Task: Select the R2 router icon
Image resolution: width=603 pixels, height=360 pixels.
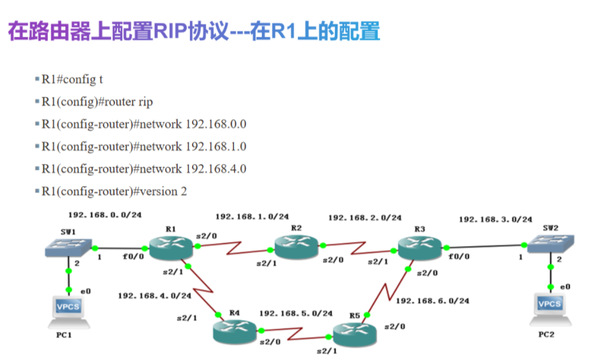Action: (295, 245)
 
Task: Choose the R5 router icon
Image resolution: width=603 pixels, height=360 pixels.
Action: (354, 333)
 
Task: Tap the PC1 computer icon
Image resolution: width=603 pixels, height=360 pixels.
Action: (69, 309)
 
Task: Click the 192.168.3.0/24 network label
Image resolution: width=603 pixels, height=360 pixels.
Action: (495, 219)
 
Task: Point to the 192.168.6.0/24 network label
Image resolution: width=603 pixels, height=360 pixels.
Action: (432, 301)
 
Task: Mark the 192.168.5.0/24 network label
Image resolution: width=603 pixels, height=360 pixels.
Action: (295, 313)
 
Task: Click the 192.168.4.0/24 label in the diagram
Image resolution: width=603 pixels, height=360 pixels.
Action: (154, 295)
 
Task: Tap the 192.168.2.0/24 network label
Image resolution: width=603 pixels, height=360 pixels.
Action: (365, 218)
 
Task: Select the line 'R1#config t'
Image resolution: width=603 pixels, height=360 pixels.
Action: (72, 79)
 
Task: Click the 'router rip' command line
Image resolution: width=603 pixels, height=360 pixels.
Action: (98, 101)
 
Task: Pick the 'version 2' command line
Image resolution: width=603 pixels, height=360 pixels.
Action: (114, 191)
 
